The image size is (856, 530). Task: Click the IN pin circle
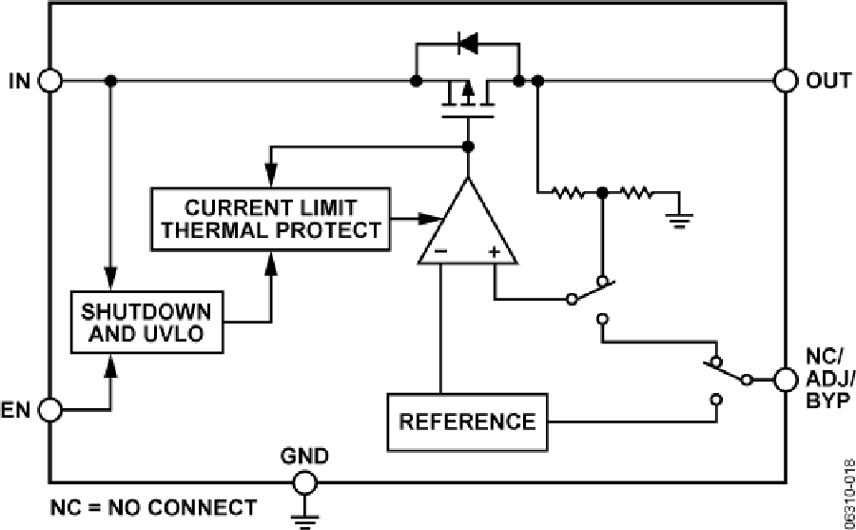pyautogui.click(x=50, y=81)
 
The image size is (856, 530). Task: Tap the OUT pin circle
pyautogui.click(x=786, y=81)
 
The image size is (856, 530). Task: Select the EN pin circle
pyautogui.click(x=50, y=410)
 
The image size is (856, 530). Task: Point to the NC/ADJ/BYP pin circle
pyautogui.click(x=786, y=380)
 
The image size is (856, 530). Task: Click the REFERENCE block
pyautogui.click(x=466, y=421)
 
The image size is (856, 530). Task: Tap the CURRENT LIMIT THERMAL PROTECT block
pyautogui.click(x=270, y=218)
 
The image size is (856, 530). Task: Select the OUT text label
pyautogui.click(x=827, y=81)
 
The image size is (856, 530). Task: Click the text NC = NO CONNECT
pyautogui.click(x=152, y=507)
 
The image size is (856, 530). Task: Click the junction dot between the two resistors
pyautogui.click(x=602, y=193)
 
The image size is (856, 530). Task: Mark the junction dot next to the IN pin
pyautogui.click(x=112, y=81)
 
